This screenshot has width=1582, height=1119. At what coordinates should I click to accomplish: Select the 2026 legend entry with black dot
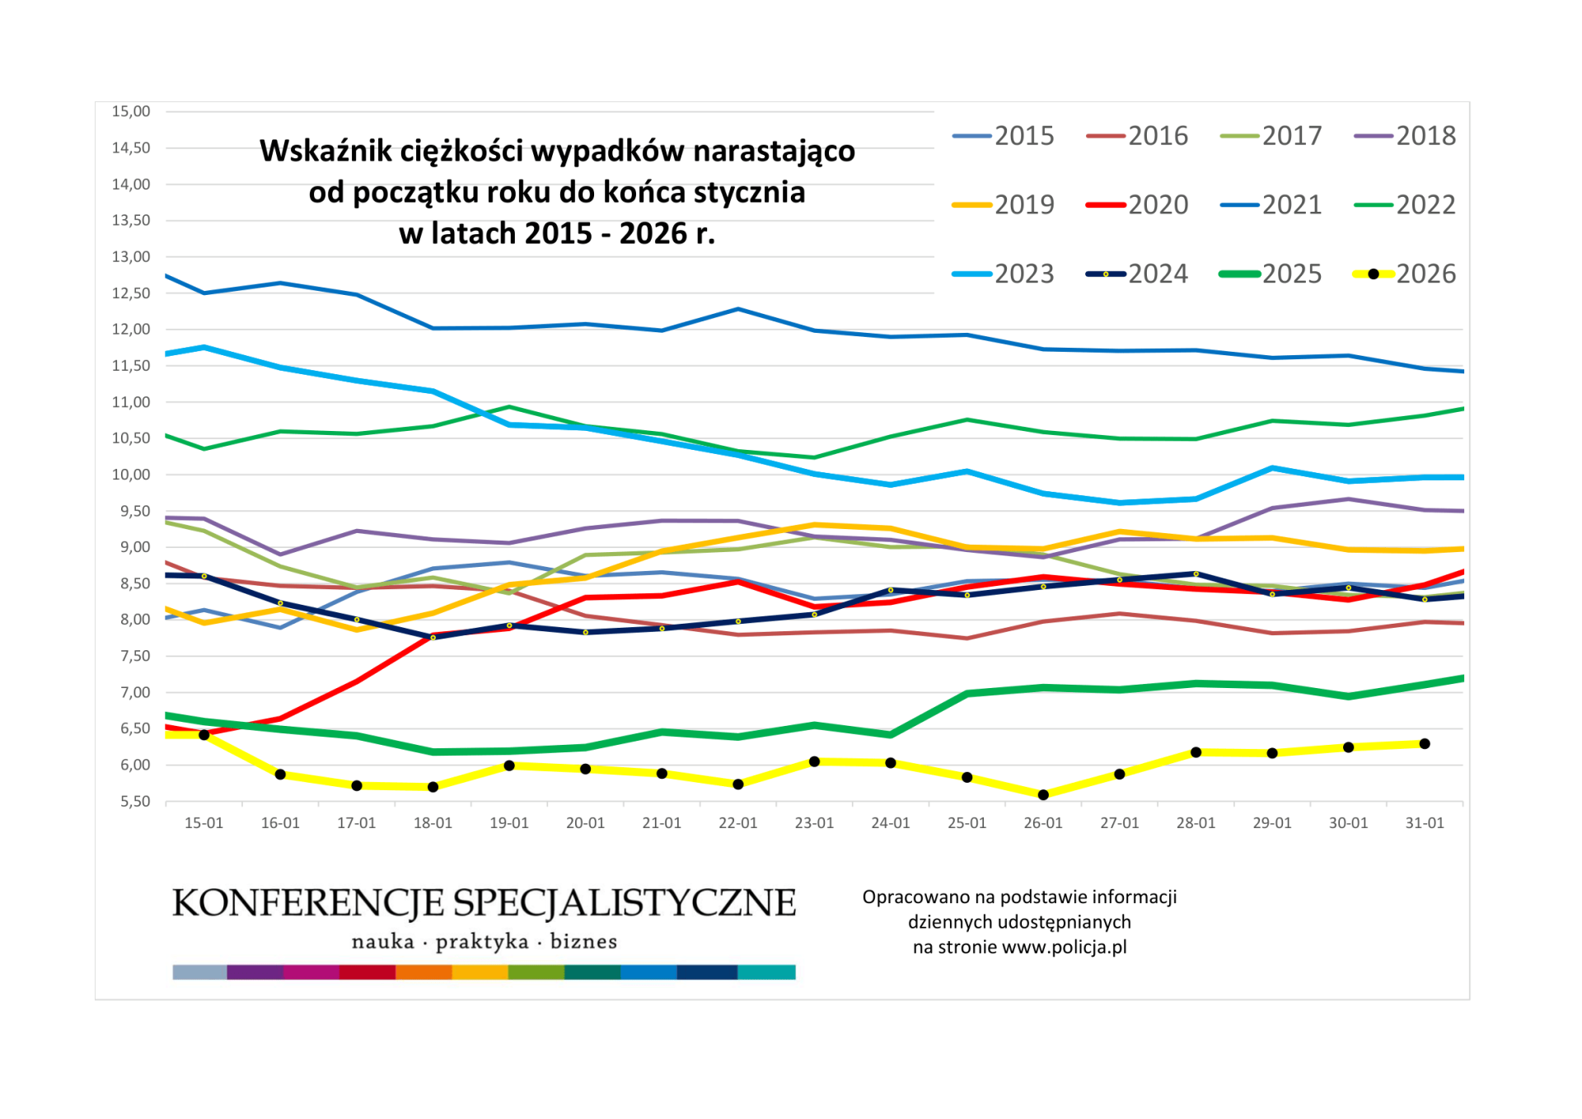[1404, 274]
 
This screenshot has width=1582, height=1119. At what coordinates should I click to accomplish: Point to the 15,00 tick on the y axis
[131, 111]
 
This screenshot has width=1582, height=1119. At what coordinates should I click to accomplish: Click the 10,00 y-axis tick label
[131, 475]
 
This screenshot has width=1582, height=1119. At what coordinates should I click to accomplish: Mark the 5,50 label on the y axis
[134, 801]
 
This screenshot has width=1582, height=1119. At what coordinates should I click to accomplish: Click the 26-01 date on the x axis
[1043, 823]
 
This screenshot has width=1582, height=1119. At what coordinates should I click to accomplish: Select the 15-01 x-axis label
[204, 823]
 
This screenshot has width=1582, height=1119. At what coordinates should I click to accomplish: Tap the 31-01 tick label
[1425, 823]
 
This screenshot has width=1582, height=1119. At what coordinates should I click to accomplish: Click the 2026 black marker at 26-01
[1043, 795]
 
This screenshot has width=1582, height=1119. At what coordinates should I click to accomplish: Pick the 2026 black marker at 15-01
[204, 735]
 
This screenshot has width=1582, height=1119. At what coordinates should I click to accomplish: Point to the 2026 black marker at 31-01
[1425, 744]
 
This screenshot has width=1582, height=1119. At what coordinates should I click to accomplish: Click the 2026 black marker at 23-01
[814, 761]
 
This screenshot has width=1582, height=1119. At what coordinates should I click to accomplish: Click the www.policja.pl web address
[1064, 948]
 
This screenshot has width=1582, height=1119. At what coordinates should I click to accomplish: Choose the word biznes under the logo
[583, 942]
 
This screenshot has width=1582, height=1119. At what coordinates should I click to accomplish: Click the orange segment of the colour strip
[424, 972]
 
